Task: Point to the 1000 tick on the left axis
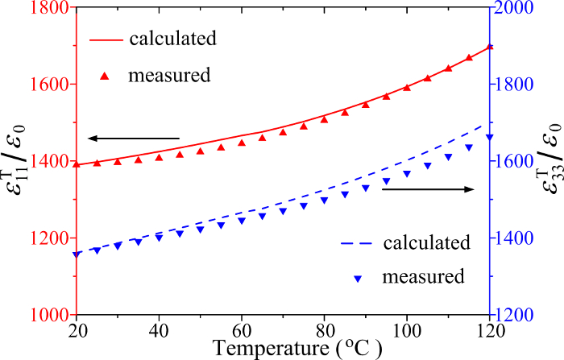(48, 315)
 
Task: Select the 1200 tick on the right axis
(522, 315)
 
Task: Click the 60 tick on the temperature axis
(243, 332)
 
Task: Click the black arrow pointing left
(133, 138)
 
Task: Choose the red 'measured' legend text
(169, 76)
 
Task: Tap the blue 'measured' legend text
(424, 277)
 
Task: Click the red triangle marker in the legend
(104, 76)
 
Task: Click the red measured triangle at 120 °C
(490, 47)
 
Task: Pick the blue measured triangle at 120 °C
(490, 137)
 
